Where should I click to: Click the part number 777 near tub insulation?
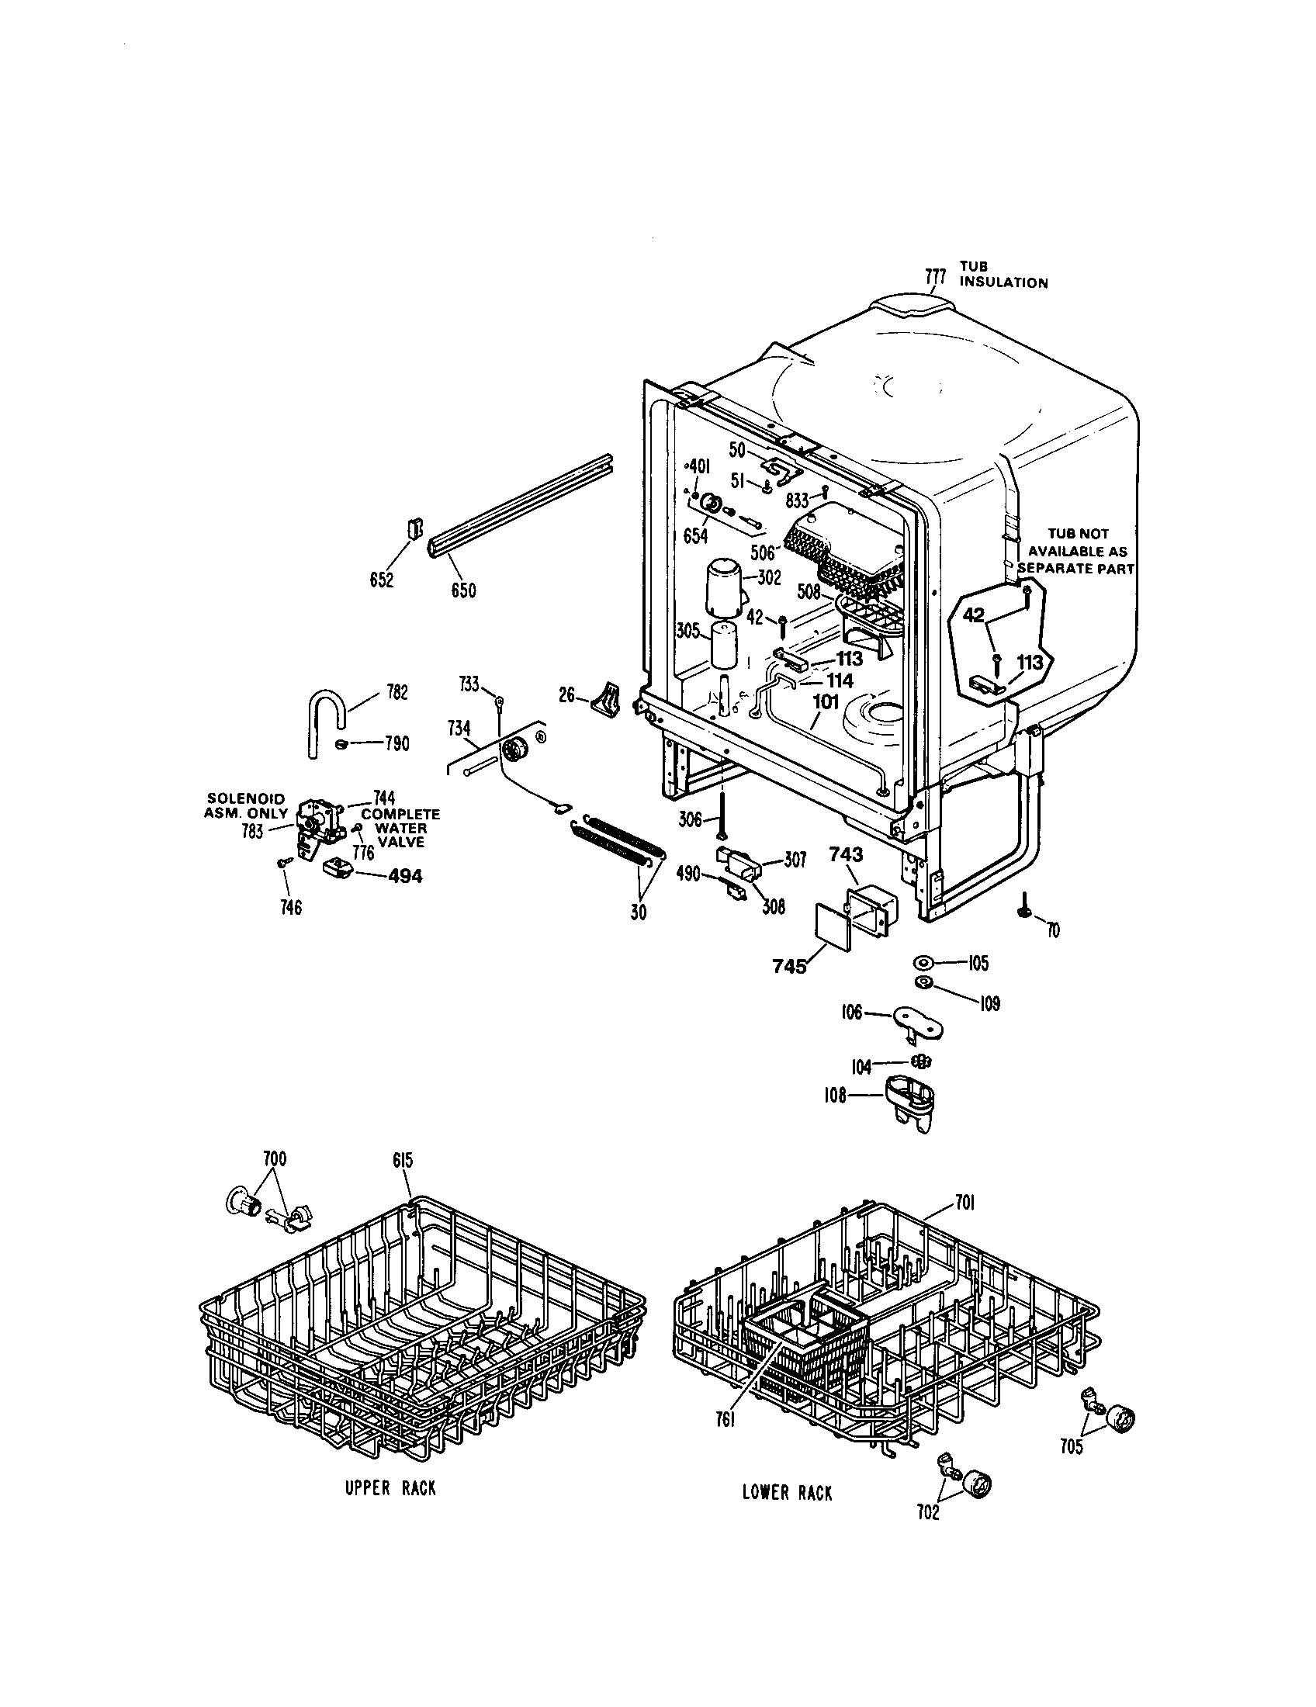pos(936,276)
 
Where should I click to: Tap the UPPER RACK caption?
pos(391,1488)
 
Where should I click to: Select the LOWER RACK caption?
pos(787,1493)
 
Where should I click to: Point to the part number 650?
pos(463,590)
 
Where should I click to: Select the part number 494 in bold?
pos(405,876)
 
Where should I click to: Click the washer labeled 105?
pos(923,961)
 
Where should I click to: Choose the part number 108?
pos(836,1096)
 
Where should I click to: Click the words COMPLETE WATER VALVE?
pos(400,828)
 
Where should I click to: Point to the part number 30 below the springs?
pos(639,912)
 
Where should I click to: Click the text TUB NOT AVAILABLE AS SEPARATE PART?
pos(1078,551)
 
